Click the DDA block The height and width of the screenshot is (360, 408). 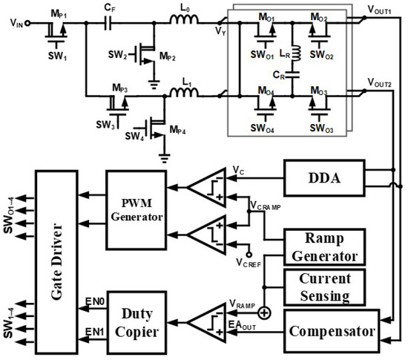(x=324, y=178)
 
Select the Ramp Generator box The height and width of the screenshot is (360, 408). (x=324, y=247)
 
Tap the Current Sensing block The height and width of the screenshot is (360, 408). (x=324, y=287)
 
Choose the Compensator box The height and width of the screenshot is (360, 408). (x=332, y=331)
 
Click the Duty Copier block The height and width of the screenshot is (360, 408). (x=136, y=323)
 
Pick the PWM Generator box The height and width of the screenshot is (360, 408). (x=136, y=210)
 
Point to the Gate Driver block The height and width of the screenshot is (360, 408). (x=56, y=262)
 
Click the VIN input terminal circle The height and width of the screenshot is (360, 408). (x=27, y=24)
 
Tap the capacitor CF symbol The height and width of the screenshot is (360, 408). (x=108, y=23)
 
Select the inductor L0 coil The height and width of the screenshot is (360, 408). (x=184, y=20)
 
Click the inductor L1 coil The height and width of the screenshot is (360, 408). (x=184, y=92)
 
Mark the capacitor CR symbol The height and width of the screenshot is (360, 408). (x=292, y=75)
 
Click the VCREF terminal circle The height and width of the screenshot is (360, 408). (x=249, y=255)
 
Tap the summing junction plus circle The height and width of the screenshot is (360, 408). (x=264, y=312)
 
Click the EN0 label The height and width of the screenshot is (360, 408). (x=95, y=301)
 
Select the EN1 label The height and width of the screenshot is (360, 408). (x=95, y=332)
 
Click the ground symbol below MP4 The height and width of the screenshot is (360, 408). (x=165, y=158)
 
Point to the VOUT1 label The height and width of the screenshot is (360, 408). (x=380, y=10)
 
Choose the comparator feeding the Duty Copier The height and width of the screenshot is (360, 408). (x=207, y=323)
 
